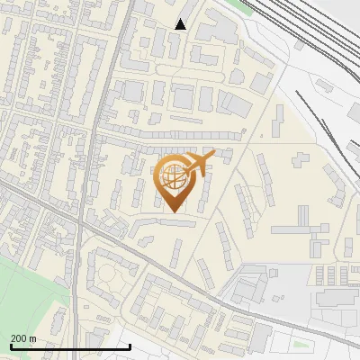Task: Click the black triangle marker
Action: (x=180, y=24)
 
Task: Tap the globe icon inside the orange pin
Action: (x=173, y=176)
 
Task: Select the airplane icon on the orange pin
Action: (x=200, y=162)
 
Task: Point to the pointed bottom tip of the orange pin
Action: (x=173, y=211)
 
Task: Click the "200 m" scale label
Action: (x=23, y=338)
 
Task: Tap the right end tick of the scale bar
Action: (x=130, y=346)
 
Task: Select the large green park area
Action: (x=27, y=297)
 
